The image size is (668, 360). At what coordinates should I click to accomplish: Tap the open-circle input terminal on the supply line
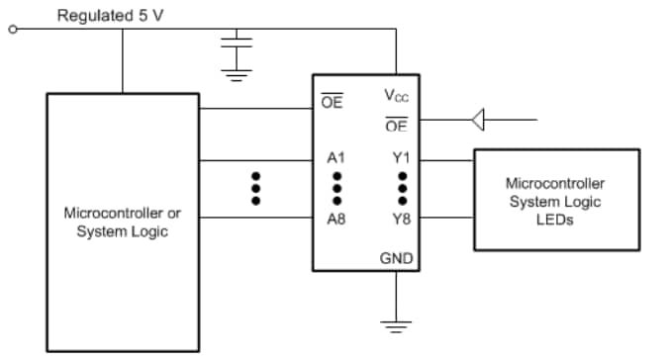(13, 30)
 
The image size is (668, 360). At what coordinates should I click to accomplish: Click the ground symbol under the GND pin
(396, 326)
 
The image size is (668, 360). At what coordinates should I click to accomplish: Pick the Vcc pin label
(397, 97)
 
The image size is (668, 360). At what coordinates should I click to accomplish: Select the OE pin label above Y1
(396, 126)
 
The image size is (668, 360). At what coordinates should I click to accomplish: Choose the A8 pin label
(335, 219)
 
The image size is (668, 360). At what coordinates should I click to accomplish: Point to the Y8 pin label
(401, 219)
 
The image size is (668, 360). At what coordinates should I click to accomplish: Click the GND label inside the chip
(397, 258)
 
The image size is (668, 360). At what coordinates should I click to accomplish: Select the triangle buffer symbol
(478, 121)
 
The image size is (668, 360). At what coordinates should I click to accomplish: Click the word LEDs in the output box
(554, 220)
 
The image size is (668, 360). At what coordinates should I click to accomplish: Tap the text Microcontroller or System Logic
(122, 222)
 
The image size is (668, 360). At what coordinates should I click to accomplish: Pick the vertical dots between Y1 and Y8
(402, 187)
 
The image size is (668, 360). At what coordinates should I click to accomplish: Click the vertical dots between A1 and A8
(336, 187)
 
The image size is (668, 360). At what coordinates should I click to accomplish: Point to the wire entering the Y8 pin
(446, 219)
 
